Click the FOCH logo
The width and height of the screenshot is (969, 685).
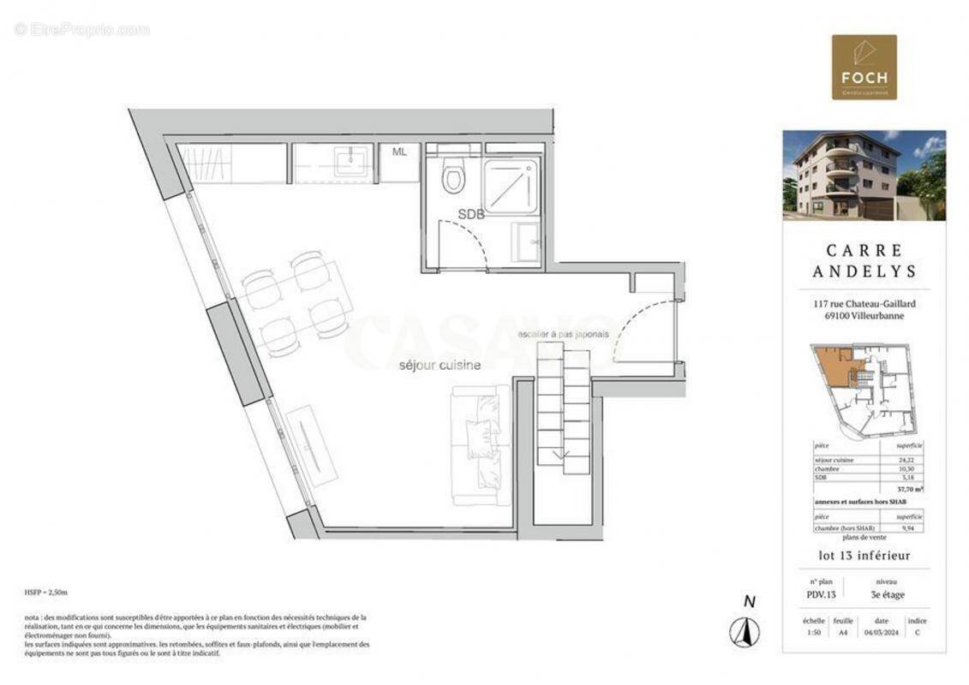pos(864,67)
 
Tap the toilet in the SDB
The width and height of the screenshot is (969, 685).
pos(453,178)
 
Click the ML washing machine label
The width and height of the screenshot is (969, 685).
pos(399,152)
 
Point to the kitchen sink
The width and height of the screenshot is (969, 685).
pos(351,161)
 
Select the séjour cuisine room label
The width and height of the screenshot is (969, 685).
pos(440,366)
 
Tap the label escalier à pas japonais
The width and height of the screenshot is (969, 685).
pos(563,334)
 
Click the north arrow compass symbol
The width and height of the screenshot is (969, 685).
pos(745,632)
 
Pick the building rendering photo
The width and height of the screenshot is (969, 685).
pos(864,176)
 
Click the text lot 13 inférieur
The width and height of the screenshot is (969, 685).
pos(864,556)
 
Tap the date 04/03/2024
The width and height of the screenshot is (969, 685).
pos(882,633)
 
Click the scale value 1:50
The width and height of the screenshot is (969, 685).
pos(814,633)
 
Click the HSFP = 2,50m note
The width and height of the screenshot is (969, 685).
pos(46,593)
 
